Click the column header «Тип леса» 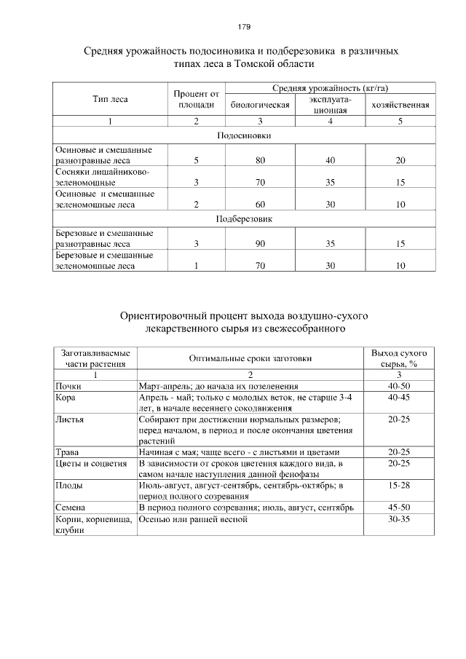[x=110, y=99]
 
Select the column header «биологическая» [x=260, y=105]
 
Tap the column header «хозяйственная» [x=400, y=105]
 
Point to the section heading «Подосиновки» [x=244, y=135]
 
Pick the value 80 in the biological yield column [x=260, y=159]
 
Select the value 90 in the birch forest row [x=260, y=244]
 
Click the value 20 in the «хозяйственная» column [x=400, y=159]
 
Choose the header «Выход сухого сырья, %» [x=398, y=358]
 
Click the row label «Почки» [x=69, y=385]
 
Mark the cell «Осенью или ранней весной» [x=193, y=519]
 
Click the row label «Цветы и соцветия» [x=91, y=462]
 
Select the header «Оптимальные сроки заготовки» [x=250, y=358]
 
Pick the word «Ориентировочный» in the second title [x=172, y=316]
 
